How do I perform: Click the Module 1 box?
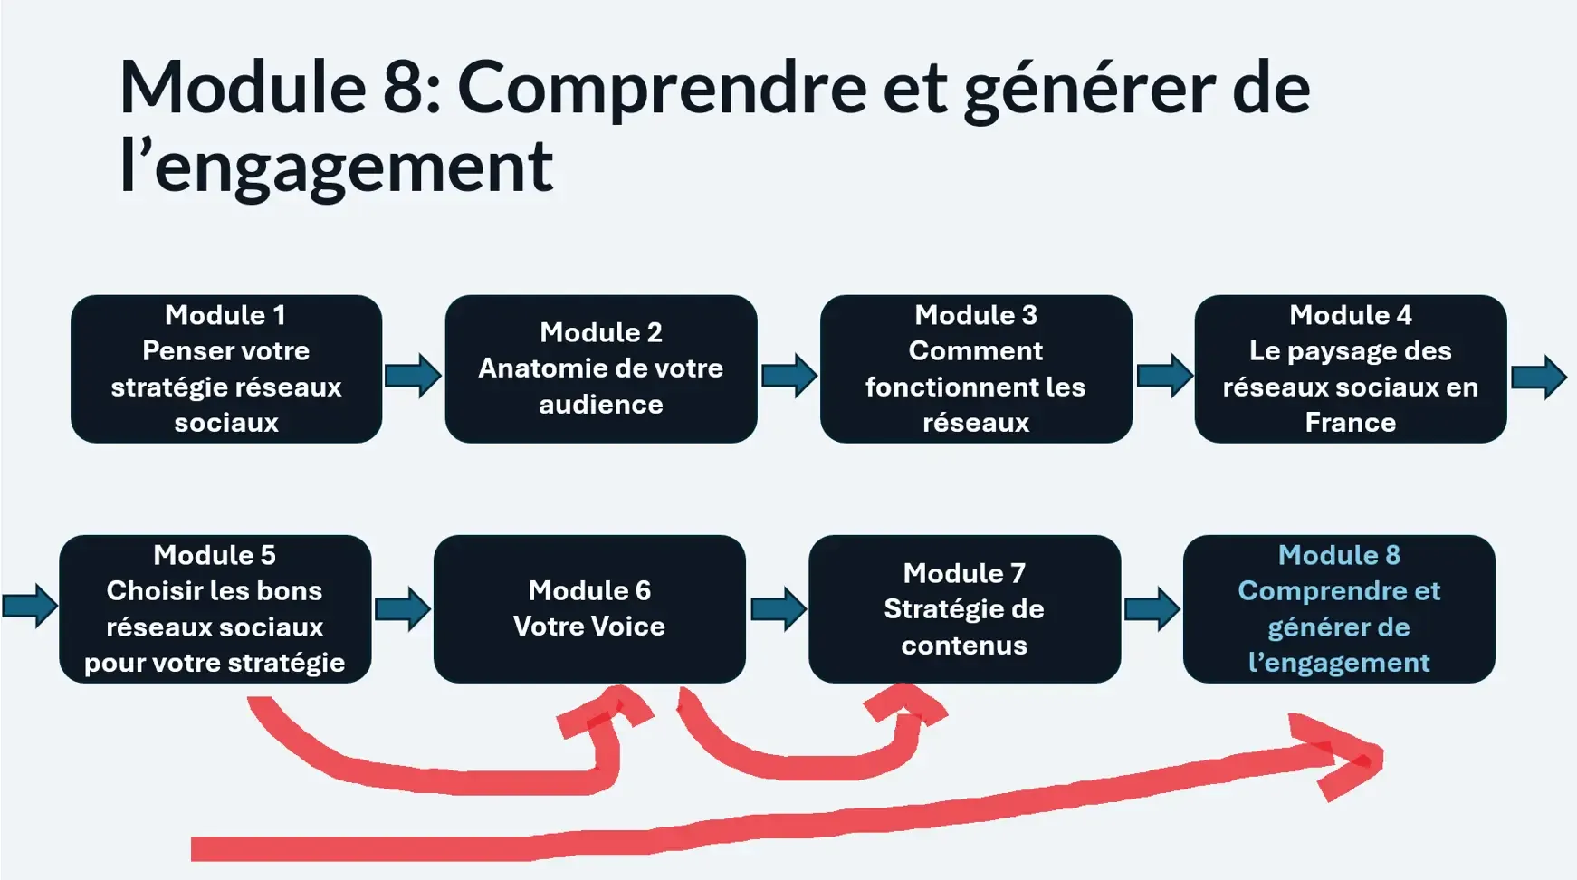click(226, 368)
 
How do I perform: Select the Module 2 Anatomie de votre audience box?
click(601, 368)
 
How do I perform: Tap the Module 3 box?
click(976, 368)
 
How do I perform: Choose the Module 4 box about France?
click(1350, 368)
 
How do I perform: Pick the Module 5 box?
click(215, 608)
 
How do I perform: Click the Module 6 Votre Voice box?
click(589, 608)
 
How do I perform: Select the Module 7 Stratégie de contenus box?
click(964, 608)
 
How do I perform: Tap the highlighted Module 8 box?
click(1339, 608)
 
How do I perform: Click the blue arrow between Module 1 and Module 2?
click(414, 376)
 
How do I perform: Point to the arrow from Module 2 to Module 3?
click(789, 376)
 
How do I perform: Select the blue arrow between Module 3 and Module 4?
click(1164, 376)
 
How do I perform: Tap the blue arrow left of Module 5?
click(31, 606)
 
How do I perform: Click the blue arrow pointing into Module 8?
click(1152, 608)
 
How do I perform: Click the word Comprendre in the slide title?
click(662, 88)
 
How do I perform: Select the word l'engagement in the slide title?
click(336, 167)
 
